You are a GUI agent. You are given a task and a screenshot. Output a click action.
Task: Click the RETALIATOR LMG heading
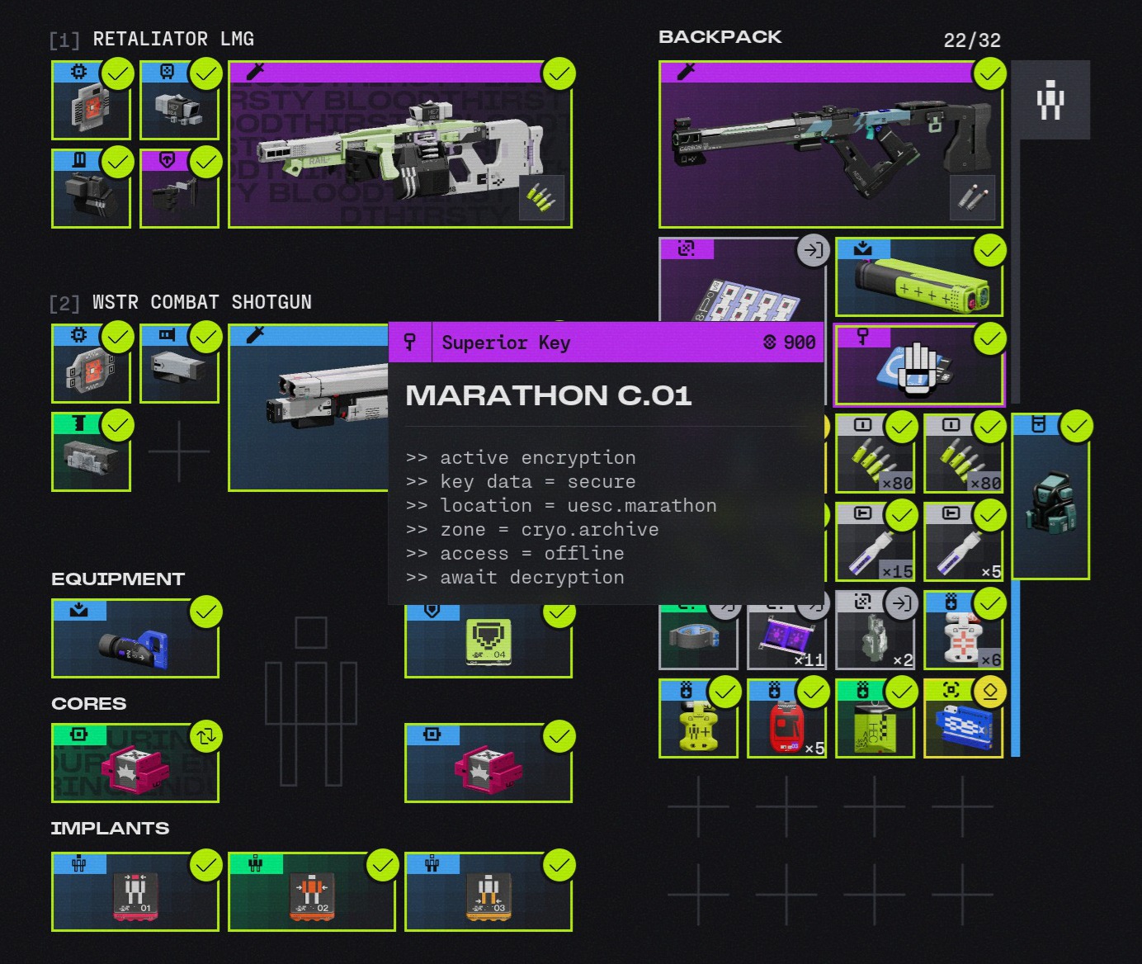[x=172, y=39]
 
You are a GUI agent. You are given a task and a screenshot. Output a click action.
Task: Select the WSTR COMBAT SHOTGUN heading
[x=201, y=302]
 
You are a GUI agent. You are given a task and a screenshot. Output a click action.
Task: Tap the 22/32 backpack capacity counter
[x=971, y=40]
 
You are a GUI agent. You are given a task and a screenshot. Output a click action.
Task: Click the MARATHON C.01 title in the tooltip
[x=548, y=395]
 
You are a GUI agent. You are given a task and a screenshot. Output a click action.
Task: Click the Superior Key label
[x=505, y=343]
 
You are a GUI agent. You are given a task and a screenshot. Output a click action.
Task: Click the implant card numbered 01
[x=135, y=892]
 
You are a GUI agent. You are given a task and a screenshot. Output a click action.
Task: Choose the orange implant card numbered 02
[x=312, y=892]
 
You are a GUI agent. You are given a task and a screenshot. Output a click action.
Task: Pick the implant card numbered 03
[x=488, y=892]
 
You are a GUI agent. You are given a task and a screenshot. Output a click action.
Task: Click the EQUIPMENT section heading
[x=118, y=579]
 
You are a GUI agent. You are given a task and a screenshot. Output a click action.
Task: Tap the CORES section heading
[x=89, y=703]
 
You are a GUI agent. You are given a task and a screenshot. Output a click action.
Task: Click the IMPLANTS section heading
[x=110, y=828]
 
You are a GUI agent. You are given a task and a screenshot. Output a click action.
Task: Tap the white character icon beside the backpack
[x=1050, y=100]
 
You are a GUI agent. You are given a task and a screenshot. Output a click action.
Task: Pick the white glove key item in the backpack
[x=918, y=366]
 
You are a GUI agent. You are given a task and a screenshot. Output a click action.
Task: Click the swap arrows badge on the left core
[x=205, y=735]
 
